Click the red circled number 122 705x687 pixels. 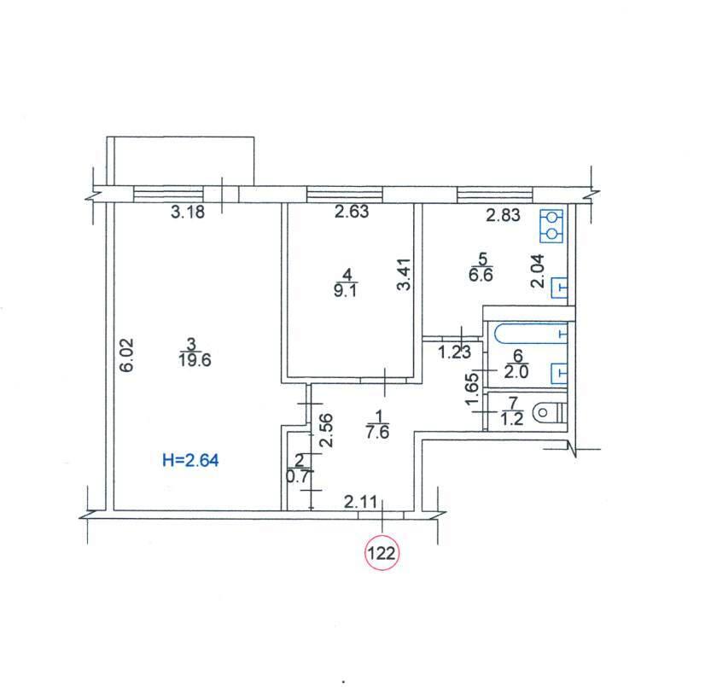pyautogui.click(x=382, y=553)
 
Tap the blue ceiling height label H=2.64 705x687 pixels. pyautogui.click(x=190, y=460)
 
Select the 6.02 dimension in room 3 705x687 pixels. pyautogui.click(x=127, y=355)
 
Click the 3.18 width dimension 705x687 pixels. pyautogui.click(x=188, y=212)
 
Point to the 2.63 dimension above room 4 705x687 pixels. pyautogui.click(x=352, y=211)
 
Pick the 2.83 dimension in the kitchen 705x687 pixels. pyautogui.click(x=503, y=215)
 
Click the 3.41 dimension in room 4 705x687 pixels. pyautogui.click(x=405, y=274)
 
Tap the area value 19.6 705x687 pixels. pyautogui.click(x=195, y=360)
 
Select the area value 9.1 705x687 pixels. pyautogui.click(x=346, y=290)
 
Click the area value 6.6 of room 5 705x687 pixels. pyautogui.click(x=481, y=275)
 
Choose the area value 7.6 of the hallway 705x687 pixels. pyautogui.click(x=377, y=432)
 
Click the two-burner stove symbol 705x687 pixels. pyautogui.click(x=551, y=226)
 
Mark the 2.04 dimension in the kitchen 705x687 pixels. pyautogui.click(x=538, y=271)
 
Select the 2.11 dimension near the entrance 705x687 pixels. pyautogui.click(x=360, y=502)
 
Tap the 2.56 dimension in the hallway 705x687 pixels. pyautogui.click(x=327, y=430)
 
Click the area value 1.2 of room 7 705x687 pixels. pyautogui.click(x=512, y=420)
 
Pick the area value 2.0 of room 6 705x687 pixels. pyautogui.click(x=516, y=372)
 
